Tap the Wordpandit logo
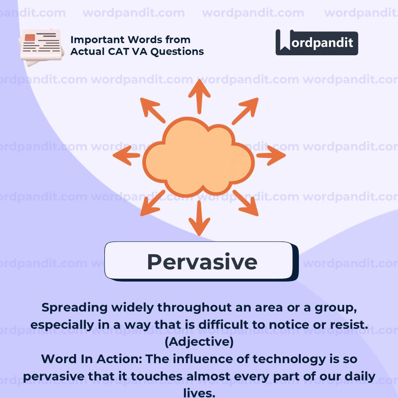[x=317, y=42]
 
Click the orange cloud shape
[x=199, y=157]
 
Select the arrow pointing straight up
[x=199, y=97]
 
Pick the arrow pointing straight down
[x=199, y=218]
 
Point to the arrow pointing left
[x=126, y=156]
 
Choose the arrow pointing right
[x=271, y=156]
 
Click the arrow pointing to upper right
[x=245, y=111]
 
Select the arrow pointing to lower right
[x=245, y=203]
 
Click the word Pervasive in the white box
[x=202, y=262]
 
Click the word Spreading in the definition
[x=74, y=308]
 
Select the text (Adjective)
[x=199, y=342]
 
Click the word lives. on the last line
[x=199, y=392]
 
